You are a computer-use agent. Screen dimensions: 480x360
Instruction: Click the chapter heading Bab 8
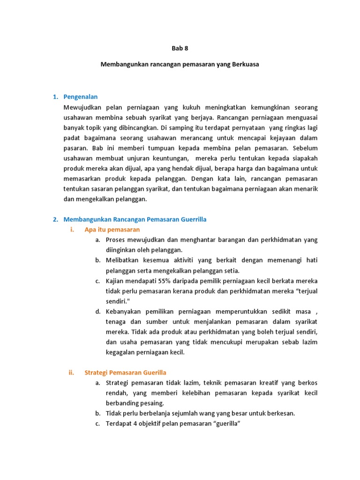pos(180,48)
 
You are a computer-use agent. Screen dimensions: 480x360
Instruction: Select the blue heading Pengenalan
pos(80,97)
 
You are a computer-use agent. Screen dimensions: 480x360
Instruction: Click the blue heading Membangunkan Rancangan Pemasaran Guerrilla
pos(135,219)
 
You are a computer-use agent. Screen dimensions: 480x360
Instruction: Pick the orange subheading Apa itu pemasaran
pos(112,230)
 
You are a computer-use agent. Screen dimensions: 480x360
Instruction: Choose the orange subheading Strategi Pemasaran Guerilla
pos(125,373)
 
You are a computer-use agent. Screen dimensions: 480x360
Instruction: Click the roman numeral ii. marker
pos(72,373)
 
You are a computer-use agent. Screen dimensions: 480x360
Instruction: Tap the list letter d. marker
pos(97,312)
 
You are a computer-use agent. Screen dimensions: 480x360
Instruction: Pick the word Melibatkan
pos(123,260)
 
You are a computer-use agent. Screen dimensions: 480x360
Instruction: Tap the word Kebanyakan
pos(125,312)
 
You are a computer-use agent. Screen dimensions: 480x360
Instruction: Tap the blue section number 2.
pos(55,219)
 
